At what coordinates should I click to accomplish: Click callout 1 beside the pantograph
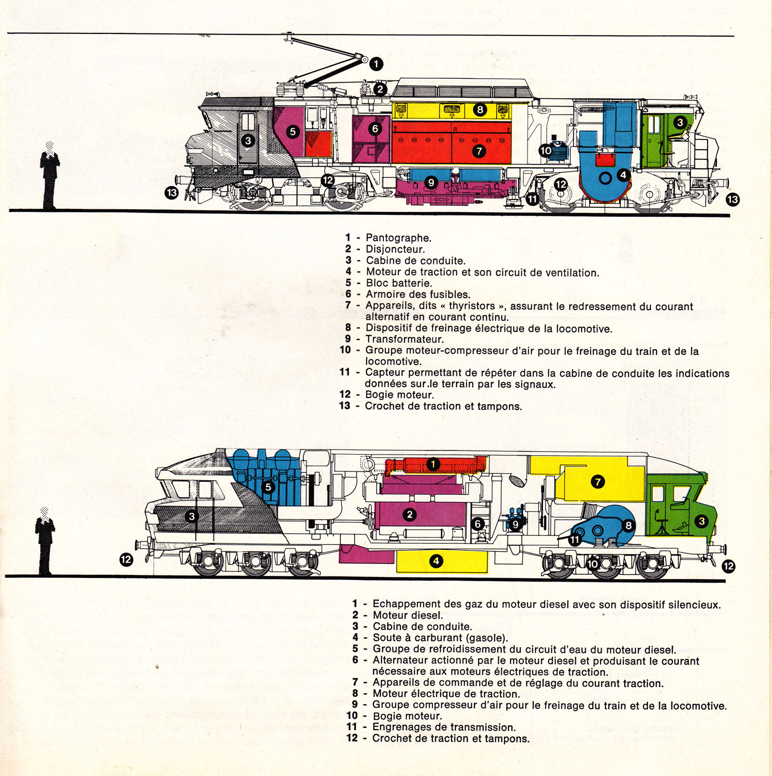coord(376,64)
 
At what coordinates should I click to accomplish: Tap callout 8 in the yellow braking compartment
coord(480,110)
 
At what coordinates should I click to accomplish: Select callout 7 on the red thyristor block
coord(479,151)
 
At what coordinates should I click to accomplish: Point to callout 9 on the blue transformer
coord(431,183)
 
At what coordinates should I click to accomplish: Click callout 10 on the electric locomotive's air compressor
coord(546,151)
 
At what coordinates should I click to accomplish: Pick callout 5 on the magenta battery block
coord(293,131)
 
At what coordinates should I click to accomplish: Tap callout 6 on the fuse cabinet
coord(375,129)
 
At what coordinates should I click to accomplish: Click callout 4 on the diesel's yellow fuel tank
coord(436,561)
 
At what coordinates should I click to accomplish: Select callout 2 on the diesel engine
coord(410,514)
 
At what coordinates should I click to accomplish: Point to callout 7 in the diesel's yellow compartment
coord(598,482)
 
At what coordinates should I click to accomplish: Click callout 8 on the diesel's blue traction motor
coord(628,525)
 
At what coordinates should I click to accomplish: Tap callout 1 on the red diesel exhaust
coord(433,464)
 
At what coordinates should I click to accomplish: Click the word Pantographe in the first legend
coord(398,238)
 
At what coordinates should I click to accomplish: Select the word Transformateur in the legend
coord(404,339)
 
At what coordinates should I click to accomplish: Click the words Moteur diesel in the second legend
coord(408,616)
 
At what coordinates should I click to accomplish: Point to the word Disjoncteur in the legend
coord(395,249)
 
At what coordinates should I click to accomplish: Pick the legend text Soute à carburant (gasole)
coord(440,638)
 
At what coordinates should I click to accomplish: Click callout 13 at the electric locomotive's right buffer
coord(732,200)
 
